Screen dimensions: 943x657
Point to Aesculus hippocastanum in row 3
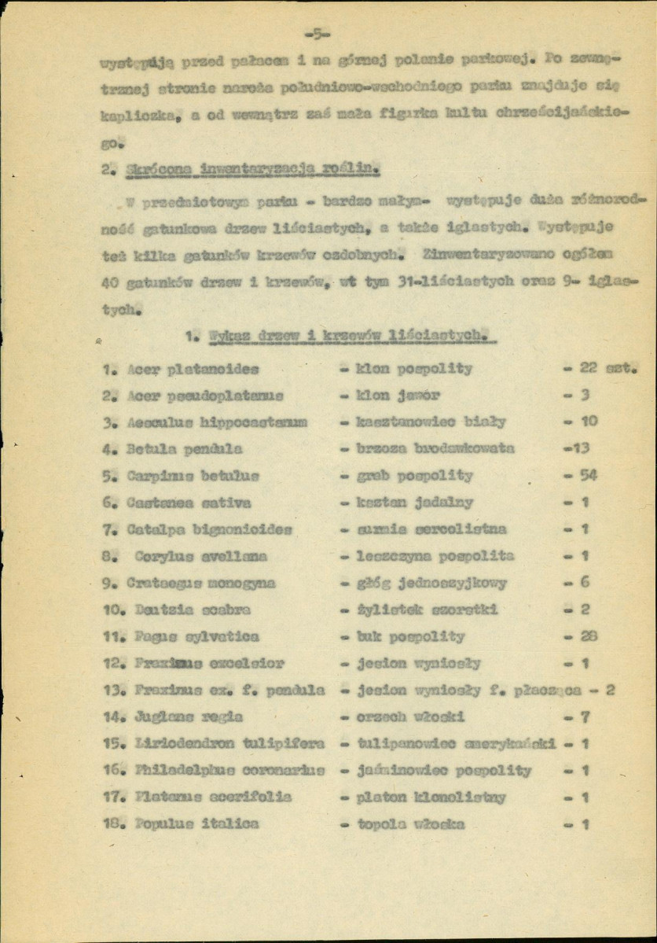click(x=207, y=422)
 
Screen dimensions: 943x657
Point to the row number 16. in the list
click(x=112, y=771)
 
